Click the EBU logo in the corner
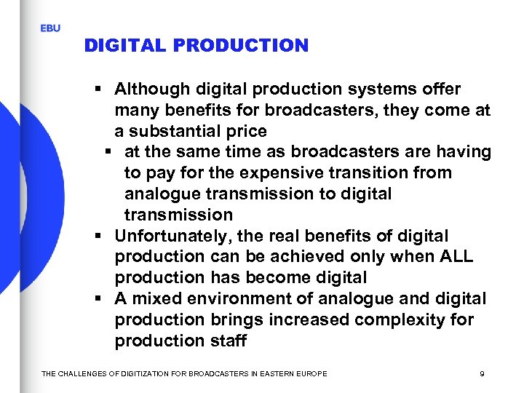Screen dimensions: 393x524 click(x=50, y=28)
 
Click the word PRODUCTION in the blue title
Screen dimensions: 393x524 click(x=247, y=46)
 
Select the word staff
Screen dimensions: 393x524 click(x=227, y=341)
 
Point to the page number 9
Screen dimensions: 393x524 click(x=482, y=373)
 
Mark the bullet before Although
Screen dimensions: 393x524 click(x=98, y=90)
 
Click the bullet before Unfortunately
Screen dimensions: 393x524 click(x=98, y=237)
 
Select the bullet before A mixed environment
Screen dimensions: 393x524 click(x=98, y=299)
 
